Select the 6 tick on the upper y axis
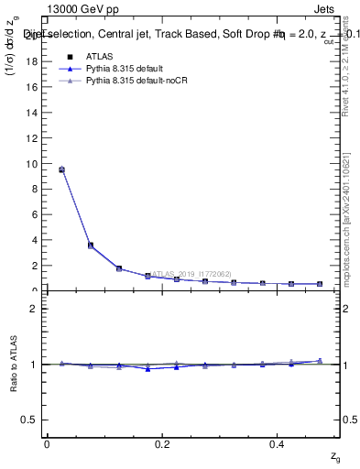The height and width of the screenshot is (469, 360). pyautogui.click(x=37, y=215)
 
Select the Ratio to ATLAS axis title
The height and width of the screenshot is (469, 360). pyautogui.click(x=13, y=364)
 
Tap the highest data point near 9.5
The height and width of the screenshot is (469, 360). pyautogui.click(x=61, y=169)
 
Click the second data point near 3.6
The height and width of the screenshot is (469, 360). pyautogui.click(x=90, y=245)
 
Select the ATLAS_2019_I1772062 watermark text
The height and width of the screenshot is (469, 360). pyautogui.click(x=191, y=273)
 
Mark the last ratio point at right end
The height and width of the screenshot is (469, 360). pyautogui.click(x=320, y=361)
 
